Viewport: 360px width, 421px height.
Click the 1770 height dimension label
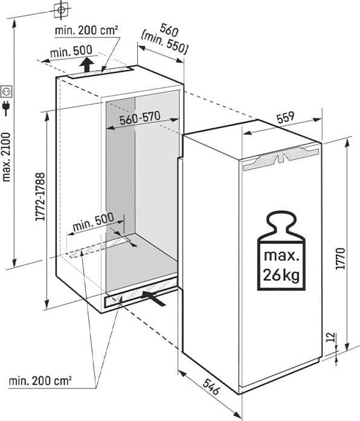(x=341, y=259)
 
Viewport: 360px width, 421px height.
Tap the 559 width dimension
(x=286, y=117)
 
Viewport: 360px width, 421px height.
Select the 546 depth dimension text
(x=211, y=387)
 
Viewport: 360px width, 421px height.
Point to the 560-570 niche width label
(x=140, y=118)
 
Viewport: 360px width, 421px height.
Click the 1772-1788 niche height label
(x=40, y=196)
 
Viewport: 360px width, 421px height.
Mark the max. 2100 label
(x=6, y=157)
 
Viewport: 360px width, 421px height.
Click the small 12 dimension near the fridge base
(x=332, y=336)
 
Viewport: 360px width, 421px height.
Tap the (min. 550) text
(x=164, y=42)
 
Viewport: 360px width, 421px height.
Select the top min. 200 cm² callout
(x=86, y=30)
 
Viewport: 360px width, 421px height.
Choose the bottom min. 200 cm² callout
(x=40, y=381)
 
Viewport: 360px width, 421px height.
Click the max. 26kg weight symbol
(x=281, y=251)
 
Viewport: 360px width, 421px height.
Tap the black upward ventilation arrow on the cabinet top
(x=86, y=65)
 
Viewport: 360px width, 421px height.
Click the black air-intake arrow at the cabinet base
(x=154, y=298)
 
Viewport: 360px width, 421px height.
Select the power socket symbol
(x=7, y=91)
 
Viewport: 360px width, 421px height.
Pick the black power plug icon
(x=6, y=108)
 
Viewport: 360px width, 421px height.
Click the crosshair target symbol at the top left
(x=61, y=10)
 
